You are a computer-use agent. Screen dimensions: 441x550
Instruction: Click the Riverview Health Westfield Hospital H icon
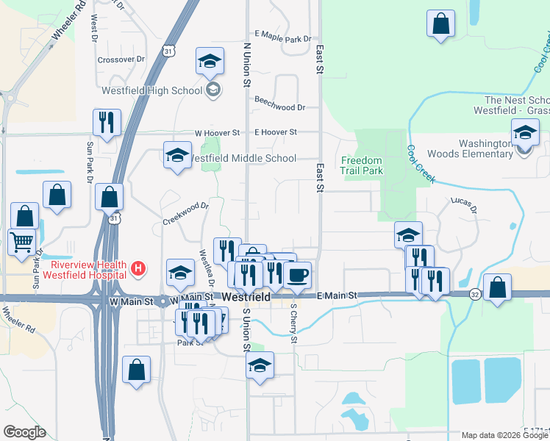click(137, 270)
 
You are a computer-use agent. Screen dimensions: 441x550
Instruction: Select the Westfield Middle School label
click(243, 158)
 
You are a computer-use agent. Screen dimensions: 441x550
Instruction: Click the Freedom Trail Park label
click(362, 165)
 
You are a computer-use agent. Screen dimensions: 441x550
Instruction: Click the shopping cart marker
click(22, 240)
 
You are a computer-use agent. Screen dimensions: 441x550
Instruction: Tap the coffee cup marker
click(297, 276)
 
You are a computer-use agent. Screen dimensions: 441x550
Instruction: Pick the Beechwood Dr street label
click(279, 107)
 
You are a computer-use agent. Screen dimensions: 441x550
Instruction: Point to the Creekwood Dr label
click(185, 214)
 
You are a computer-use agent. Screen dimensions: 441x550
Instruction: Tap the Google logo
click(24, 432)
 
